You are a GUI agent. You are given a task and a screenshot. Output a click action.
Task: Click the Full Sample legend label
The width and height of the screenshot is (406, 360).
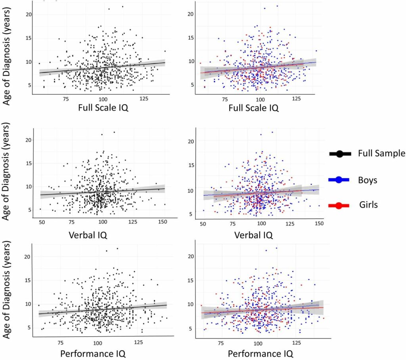tap(381, 153)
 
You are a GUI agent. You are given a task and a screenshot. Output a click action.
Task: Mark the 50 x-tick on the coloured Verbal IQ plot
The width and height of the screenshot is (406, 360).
tap(203, 224)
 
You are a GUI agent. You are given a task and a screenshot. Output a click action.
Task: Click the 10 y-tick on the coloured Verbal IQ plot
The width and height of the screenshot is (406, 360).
tap(191, 190)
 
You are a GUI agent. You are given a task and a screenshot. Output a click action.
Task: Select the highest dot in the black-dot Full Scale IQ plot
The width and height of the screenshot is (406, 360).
tap(123, 6)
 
